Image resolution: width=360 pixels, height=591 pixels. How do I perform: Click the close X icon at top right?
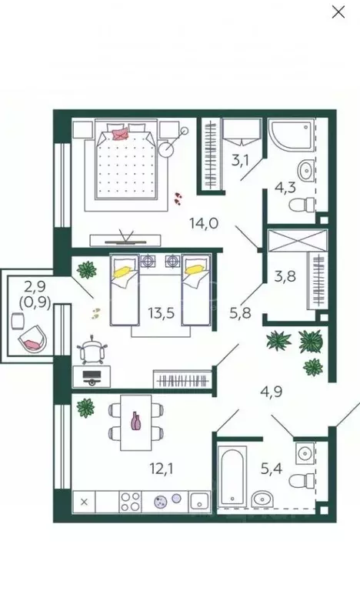click(338, 12)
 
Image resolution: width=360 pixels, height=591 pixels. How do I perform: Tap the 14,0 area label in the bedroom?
click(204, 223)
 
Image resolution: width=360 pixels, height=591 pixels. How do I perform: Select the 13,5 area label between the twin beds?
click(161, 312)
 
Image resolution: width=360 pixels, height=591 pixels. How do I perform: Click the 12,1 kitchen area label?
click(162, 469)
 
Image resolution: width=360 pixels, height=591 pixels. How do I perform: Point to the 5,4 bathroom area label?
click(272, 469)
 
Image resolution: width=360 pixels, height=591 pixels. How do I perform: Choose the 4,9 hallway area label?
click(272, 392)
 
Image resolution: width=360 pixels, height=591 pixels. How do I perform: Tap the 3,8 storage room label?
click(285, 276)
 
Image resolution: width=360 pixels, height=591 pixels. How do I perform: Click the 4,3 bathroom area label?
click(285, 187)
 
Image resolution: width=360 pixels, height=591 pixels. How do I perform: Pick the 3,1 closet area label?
click(240, 161)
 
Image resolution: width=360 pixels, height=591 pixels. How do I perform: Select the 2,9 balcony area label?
click(35, 286)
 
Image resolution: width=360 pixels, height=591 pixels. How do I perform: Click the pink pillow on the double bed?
click(120, 134)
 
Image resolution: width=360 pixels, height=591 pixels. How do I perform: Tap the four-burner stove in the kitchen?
click(130, 502)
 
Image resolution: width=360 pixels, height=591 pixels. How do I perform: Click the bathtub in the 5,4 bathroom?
click(232, 476)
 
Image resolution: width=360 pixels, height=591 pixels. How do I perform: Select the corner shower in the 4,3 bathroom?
click(291, 135)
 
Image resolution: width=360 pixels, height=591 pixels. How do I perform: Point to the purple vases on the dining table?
click(135, 421)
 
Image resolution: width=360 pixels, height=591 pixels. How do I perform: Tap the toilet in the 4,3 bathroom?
click(302, 205)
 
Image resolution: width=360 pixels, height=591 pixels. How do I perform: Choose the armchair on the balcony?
click(33, 338)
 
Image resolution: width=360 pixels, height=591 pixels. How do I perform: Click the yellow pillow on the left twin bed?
click(123, 271)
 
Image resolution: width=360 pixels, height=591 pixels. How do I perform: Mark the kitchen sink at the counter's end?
click(199, 502)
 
